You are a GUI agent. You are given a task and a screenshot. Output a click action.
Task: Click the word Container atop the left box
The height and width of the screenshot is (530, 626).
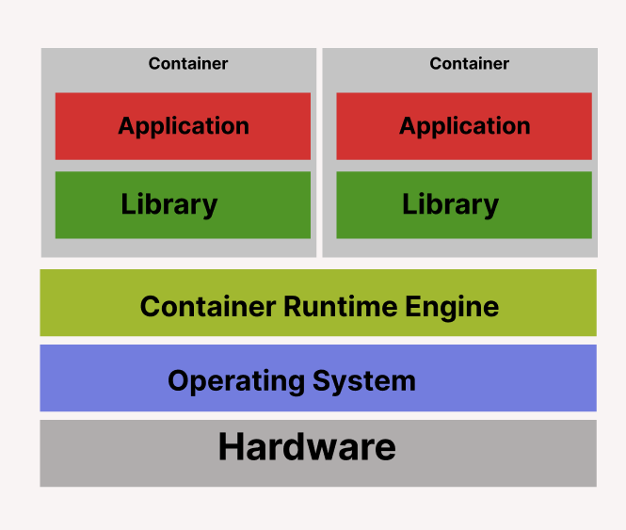point(188,64)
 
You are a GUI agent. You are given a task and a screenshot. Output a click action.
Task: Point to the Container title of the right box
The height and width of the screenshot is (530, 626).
point(470,64)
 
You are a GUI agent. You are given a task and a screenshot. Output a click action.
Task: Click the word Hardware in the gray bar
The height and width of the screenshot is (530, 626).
point(307,446)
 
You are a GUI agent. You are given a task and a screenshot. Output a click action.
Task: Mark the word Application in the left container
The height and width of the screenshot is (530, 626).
point(184,126)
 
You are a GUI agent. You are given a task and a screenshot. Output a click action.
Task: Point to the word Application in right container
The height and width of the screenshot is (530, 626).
point(465,126)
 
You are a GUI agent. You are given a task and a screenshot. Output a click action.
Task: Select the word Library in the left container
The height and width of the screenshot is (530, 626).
point(169,204)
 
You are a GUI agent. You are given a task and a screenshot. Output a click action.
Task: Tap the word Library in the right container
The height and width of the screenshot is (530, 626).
point(451,204)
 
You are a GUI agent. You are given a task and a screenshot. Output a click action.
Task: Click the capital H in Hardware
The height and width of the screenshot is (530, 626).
point(233,446)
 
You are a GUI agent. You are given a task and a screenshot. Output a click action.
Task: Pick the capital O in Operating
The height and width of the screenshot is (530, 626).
point(179,381)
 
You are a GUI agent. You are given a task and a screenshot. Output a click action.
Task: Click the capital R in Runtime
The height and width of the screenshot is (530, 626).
point(287,307)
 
